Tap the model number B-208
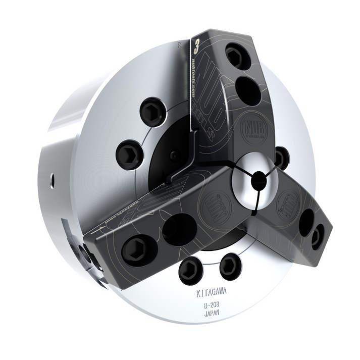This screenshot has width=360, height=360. [x=212, y=305]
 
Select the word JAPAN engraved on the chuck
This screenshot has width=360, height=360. [x=212, y=314]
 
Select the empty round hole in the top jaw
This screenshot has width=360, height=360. [x=248, y=90]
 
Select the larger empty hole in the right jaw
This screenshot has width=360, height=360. [x=305, y=222]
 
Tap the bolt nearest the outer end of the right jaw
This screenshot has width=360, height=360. [x=318, y=236]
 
